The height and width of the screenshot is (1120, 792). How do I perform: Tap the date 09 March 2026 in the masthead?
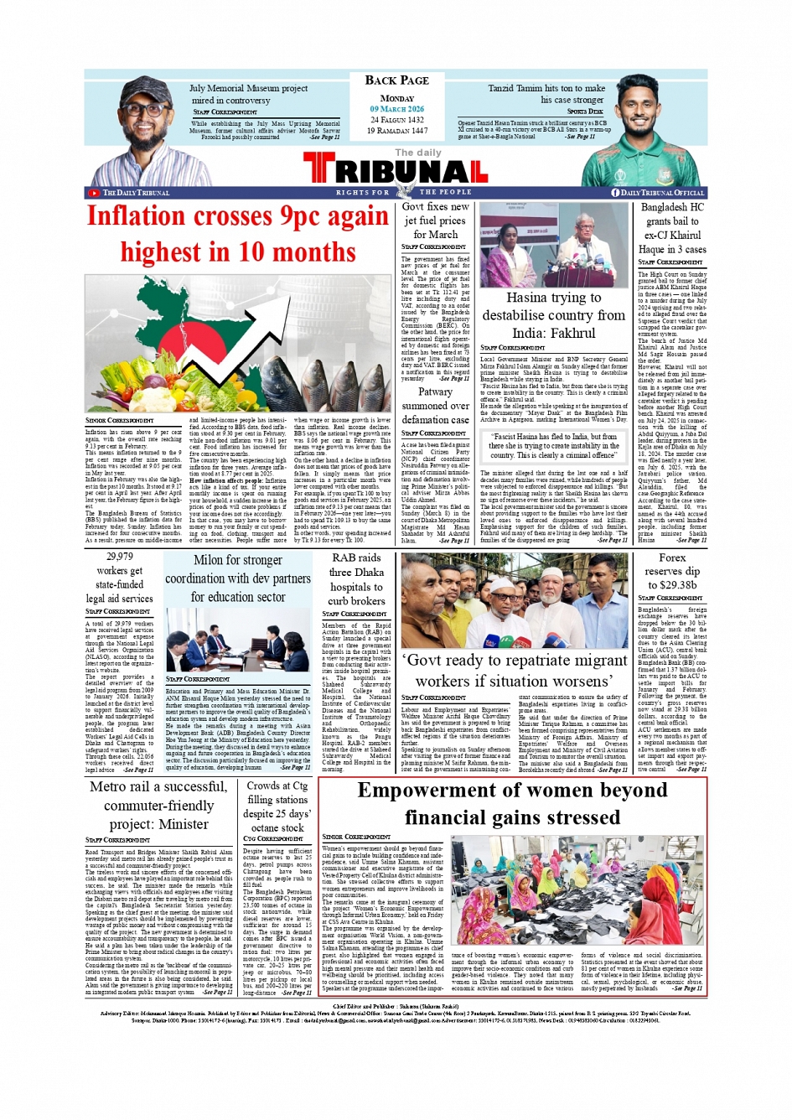pos(396,109)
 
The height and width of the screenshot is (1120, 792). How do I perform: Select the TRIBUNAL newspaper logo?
pos(396,170)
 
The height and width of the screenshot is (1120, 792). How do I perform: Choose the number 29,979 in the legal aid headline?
pos(119,556)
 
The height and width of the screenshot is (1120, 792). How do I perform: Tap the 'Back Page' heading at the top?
pos(396,80)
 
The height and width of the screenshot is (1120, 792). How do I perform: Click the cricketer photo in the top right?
pos(656,130)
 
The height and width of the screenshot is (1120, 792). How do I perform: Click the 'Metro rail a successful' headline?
pos(158,805)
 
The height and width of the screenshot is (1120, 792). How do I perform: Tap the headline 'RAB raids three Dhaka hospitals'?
pos(356,579)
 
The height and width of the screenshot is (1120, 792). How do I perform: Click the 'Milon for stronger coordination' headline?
pos(237,578)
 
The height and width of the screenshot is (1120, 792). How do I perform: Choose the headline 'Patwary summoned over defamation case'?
pos(435,406)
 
